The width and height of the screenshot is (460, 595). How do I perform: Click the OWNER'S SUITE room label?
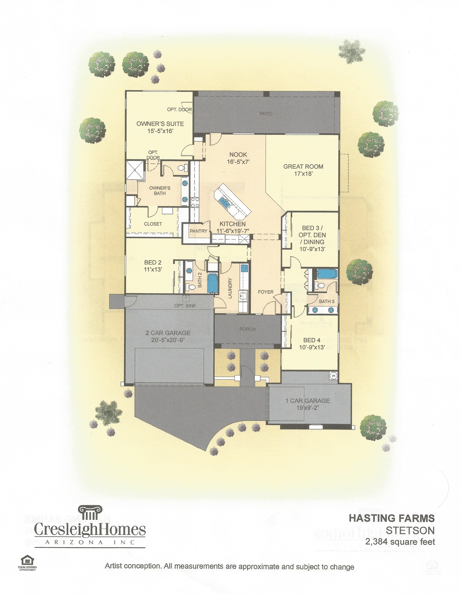[160, 124]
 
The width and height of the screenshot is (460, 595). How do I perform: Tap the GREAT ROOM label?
[303, 166]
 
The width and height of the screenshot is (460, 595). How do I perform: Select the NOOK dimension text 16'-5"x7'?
[239, 162]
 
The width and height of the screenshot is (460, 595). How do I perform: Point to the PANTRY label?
[199, 231]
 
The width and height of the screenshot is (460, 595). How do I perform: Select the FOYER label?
[266, 292]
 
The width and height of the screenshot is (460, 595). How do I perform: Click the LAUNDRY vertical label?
[230, 288]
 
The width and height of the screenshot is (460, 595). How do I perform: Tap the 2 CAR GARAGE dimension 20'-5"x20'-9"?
[168, 340]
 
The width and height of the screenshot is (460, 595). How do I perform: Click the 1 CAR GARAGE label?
[308, 401]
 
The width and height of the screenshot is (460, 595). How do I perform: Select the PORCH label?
[247, 329]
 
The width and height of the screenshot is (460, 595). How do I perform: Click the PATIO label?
[266, 113]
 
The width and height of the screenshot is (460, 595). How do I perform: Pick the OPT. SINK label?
[185, 306]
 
